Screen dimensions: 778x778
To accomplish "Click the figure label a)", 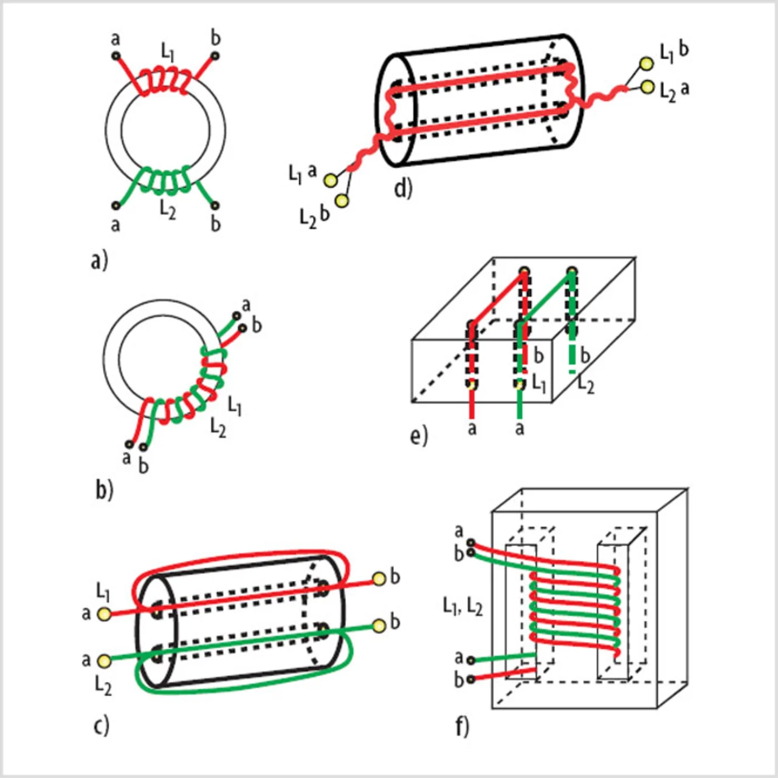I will point(99,260).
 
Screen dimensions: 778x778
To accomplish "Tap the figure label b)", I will point(104,489).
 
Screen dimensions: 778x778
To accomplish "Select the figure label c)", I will point(102,725).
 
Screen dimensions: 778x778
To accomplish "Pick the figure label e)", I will point(419,436).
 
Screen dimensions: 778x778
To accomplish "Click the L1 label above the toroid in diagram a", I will point(167,51).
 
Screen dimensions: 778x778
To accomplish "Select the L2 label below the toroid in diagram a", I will point(168,210).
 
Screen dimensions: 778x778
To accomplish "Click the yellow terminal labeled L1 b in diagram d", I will point(647,64).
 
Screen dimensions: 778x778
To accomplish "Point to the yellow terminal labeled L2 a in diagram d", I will point(647,87).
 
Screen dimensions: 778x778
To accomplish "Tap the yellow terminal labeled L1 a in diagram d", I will point(331,180).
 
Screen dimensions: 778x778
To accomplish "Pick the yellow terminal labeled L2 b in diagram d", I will point(342,201).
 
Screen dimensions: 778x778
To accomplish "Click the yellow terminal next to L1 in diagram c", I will point(105,614).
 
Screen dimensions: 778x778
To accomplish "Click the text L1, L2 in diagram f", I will point(463,606).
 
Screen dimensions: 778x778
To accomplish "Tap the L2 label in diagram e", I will point(586,384).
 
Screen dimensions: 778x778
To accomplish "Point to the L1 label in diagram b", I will point(235,405).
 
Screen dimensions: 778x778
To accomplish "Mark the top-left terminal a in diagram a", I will point(115,56).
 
